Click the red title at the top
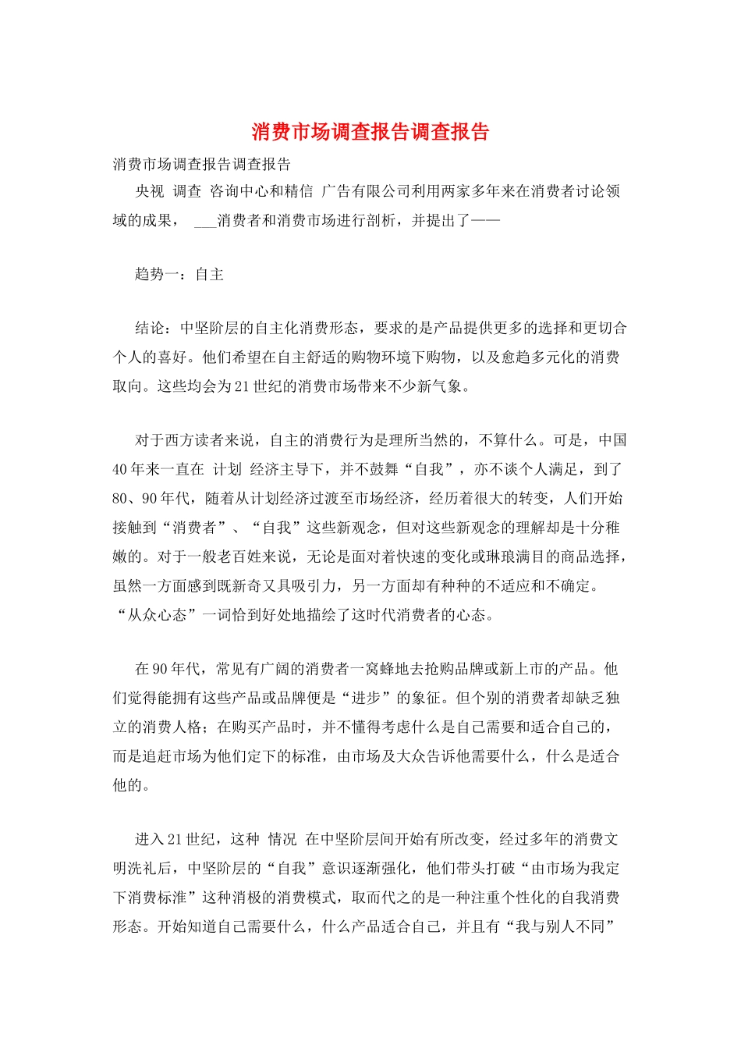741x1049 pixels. [370, 132]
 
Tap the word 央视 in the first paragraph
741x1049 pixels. [150, 191]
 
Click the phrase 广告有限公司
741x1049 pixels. [366, 191]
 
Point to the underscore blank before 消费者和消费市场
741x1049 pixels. [204, 221]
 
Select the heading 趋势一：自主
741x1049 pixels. [179, 275]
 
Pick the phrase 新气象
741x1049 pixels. [440, 386]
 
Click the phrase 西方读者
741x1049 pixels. [195, 440]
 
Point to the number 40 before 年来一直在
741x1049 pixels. [119, 470]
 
